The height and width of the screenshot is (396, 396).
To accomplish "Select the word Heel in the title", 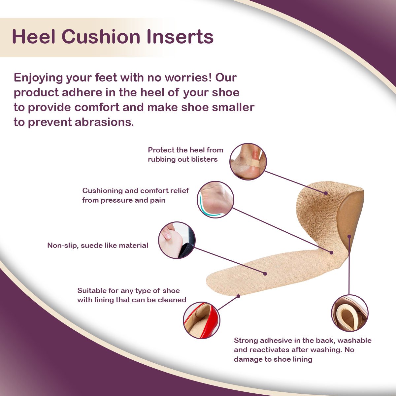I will pyautogui.click(x=34, y=37).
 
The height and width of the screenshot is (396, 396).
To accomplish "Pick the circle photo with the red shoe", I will pyautogui.click(x=202, y=320).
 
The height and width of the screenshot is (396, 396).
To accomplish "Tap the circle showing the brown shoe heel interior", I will pyautogui.click(x=349, y=313).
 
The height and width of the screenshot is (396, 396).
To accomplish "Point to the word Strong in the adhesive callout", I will pyautogui.click(x=246, y=341).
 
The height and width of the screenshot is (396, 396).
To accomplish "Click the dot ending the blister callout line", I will pyautogui.click(x=326, y=193).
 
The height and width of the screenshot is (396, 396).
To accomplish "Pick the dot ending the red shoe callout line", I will pyautogui.click(x=239, y=296).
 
